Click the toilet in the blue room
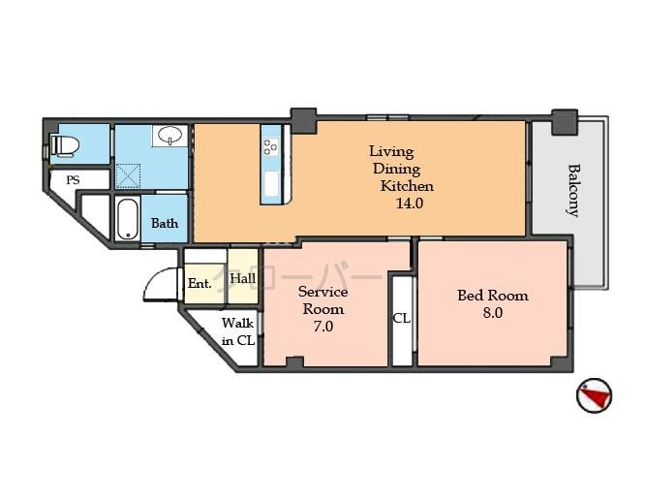65,145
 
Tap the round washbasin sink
169,136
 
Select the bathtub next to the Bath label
128,219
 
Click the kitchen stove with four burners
270,147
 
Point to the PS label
73,180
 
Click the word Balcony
573,189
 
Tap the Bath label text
165,223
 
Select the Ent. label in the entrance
200,284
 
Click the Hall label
243,279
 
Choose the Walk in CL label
237,331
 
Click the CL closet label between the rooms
401,318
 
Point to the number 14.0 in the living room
408,204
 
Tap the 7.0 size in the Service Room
322,327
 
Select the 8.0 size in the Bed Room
492,314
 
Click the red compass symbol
594,395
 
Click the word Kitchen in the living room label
407,186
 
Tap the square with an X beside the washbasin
128,175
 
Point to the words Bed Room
493,295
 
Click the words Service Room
322,300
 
